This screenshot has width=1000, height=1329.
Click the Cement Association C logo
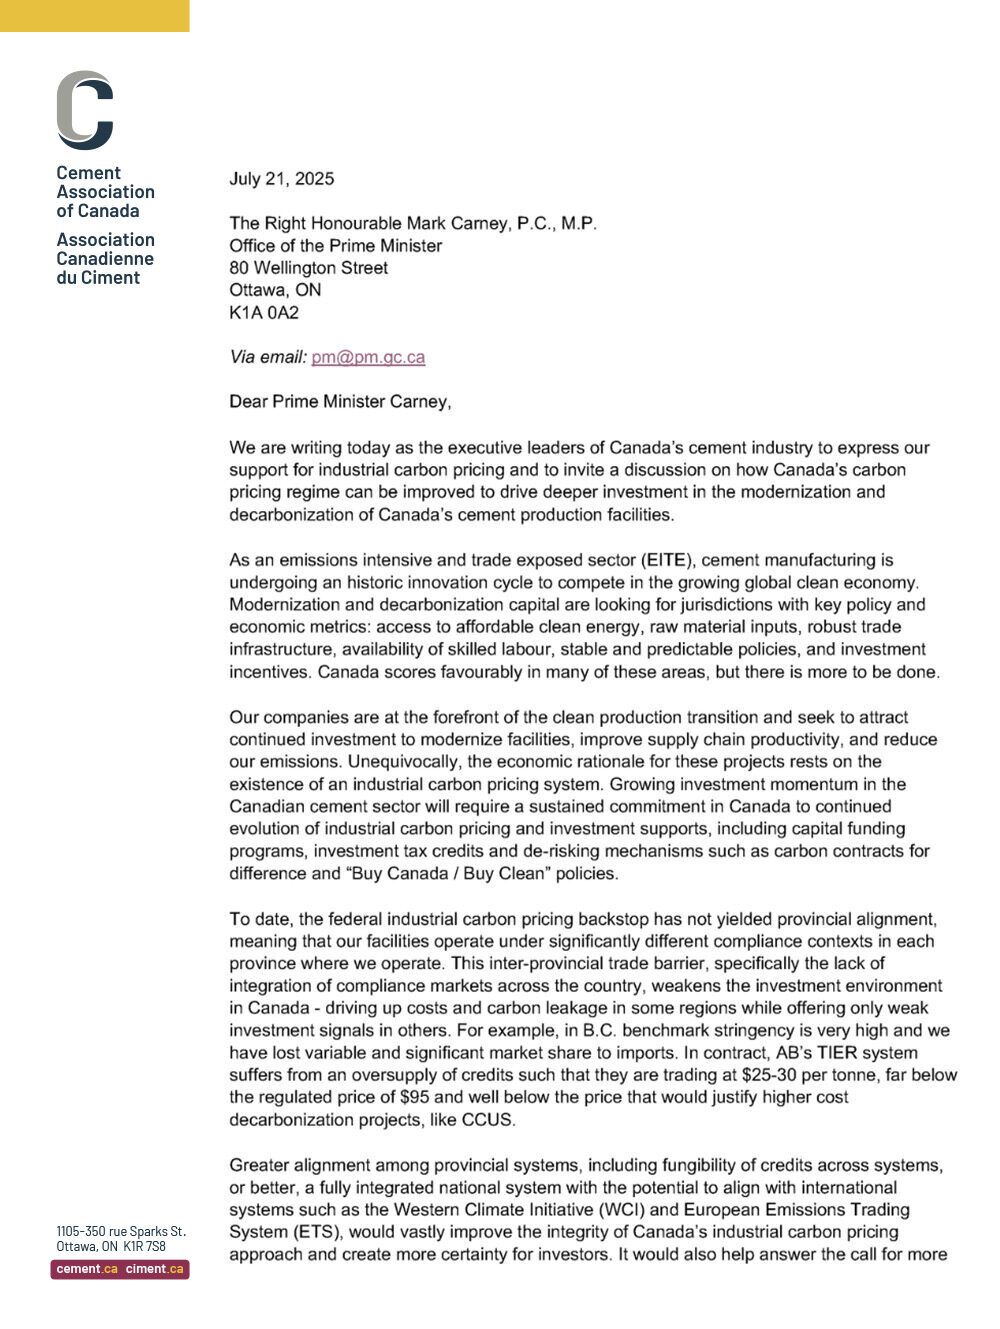tap(85, 110)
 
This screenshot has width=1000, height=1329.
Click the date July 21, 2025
tap(281, 179)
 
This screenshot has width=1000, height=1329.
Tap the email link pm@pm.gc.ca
tap(368, 357)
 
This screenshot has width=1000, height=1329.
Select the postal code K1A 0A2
tap(264, 312)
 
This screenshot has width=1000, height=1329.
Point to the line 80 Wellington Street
tap(308, 268)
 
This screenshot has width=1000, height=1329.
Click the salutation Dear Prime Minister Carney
tap(340, 402)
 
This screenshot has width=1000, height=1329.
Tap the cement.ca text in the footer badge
tap(87, 1269)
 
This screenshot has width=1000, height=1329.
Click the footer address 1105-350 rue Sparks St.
tap(120, 1231)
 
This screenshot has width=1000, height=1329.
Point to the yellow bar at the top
tap(94, 15)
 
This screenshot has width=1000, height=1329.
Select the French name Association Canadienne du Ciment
tap(105, 259)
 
